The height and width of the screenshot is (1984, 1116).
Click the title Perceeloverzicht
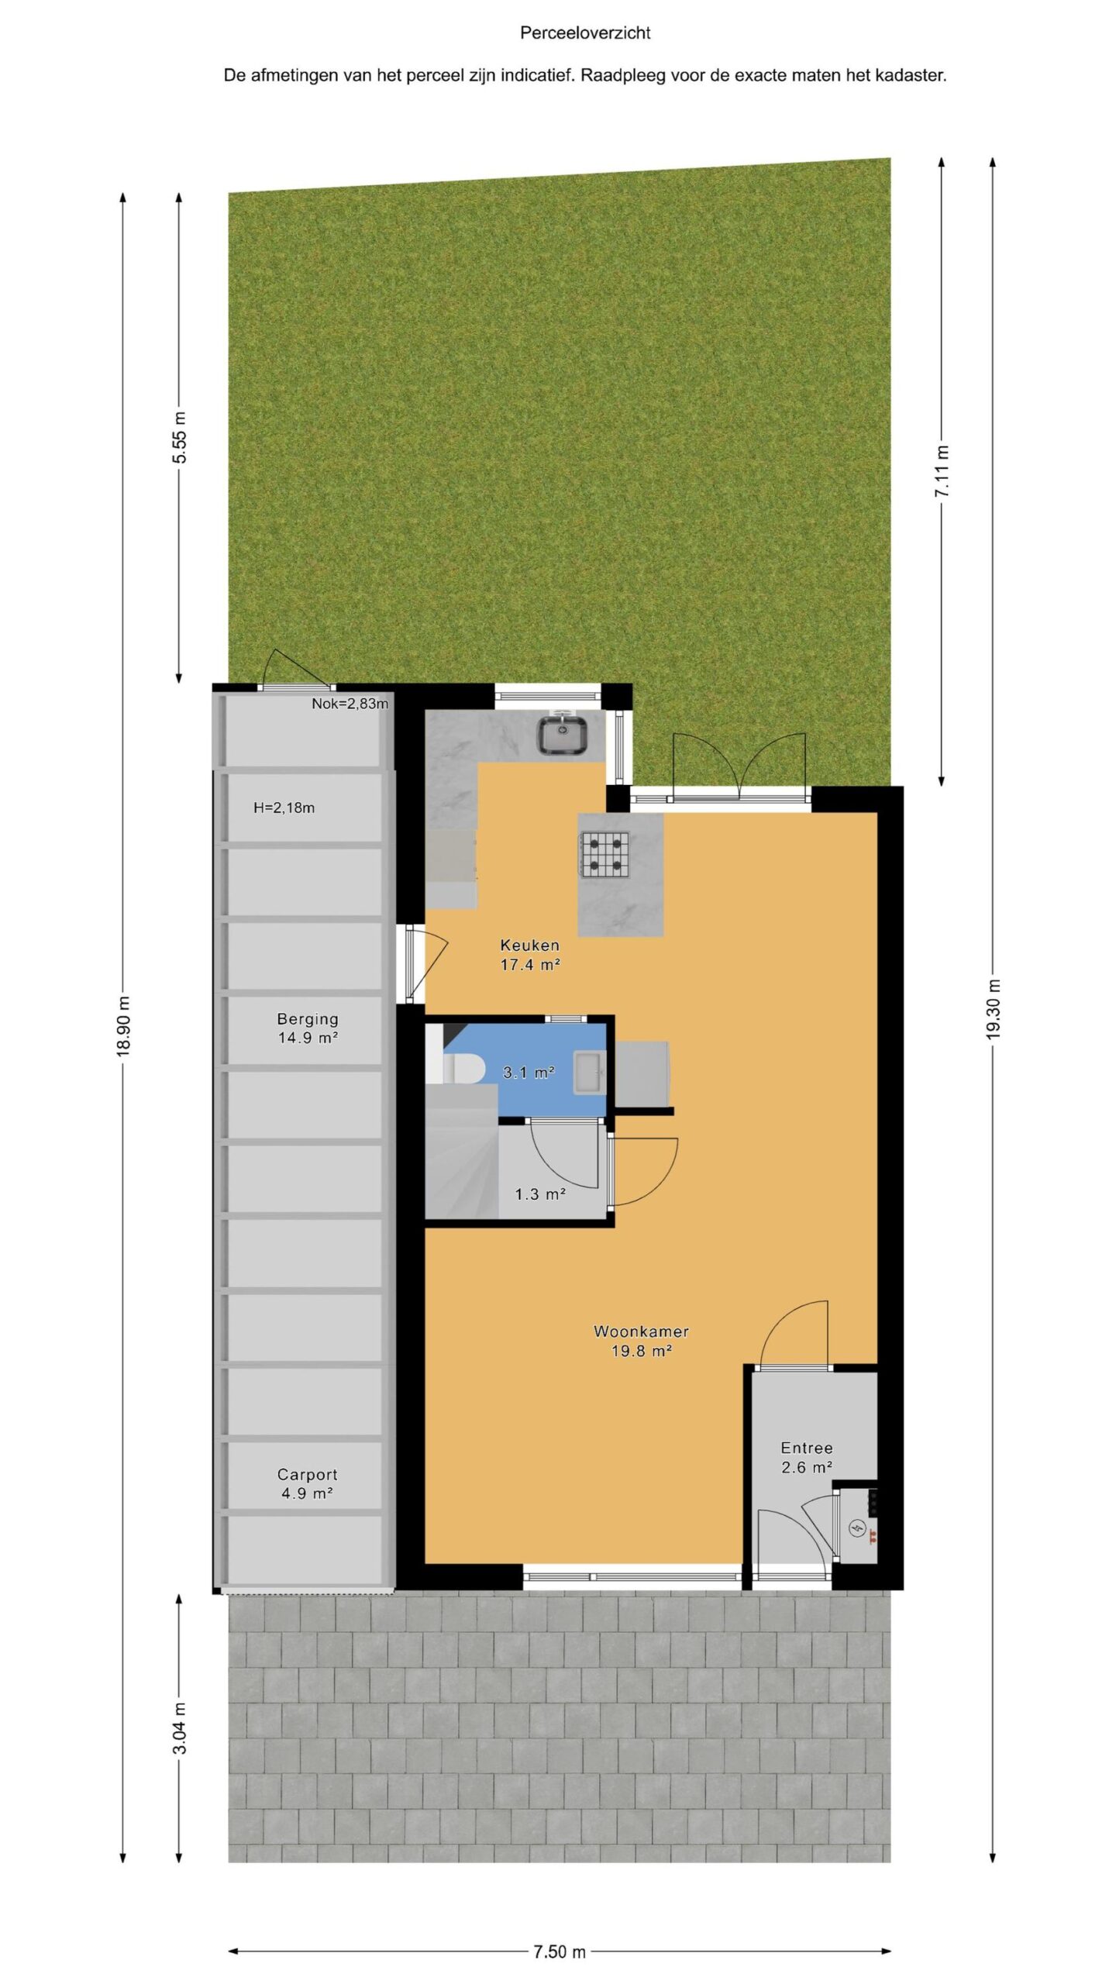coord(585,33)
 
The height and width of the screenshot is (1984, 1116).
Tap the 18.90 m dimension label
coord(123,1026)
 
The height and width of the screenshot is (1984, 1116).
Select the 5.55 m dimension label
coord(179,438)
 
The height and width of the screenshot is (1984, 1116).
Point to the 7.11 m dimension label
coord(942,472)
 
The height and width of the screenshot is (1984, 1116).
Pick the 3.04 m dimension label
coord(179,1728)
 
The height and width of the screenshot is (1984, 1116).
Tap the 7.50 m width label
coord(560,1951)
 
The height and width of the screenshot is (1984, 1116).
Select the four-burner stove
coord(604,853)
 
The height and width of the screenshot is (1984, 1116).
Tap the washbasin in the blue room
coord(590,1073)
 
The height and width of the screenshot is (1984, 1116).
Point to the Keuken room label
coord(530,955)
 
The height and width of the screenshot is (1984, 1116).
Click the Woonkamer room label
coord(641,1341)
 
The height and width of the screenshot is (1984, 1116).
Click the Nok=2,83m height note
coord(350,704)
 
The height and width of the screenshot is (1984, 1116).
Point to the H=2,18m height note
coord(284,808)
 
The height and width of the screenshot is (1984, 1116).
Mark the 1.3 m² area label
coord(540,1194)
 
